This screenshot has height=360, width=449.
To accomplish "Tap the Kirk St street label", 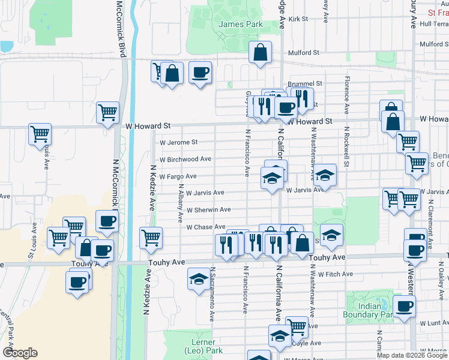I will click(298, 19).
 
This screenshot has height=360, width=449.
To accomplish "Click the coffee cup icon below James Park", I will click(200, 73).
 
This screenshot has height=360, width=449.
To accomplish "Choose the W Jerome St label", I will click(178, 142).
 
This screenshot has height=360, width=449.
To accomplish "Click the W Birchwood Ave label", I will click(185, 159).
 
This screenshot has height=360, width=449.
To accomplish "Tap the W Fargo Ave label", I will click(178, 176).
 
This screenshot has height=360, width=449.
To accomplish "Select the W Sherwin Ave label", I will click(208, 210).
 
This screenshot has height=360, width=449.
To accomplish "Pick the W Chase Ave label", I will click(205, 227).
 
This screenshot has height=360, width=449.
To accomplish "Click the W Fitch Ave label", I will click(336, 274).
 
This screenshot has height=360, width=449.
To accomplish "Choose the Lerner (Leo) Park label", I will click(204, 346).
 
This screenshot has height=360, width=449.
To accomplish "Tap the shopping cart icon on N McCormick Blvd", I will click(107, 112).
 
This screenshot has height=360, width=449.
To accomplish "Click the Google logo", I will click(20, 353).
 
